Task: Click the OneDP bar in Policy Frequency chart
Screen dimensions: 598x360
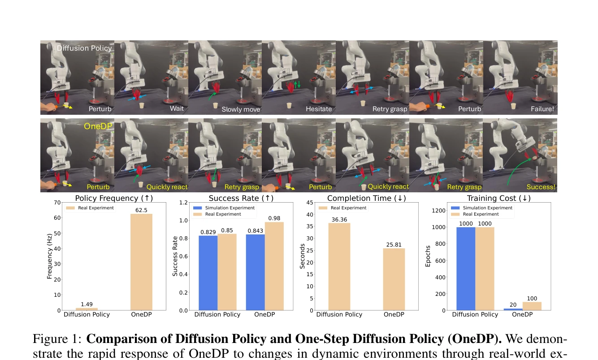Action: tap(141, 262)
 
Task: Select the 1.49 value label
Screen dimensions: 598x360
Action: tap(87, 304)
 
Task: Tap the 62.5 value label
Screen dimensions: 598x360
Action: tap(141, 210)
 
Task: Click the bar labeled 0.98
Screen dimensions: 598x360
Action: tap(274, 266)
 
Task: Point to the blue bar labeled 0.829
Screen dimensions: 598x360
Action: tap(208, 273)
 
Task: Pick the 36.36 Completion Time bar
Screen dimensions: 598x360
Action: tap(339, 267)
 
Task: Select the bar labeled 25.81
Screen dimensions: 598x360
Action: tap(394, 279)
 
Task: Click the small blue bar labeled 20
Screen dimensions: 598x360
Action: tap(513, 309)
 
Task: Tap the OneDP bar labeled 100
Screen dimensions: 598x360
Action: tap(532, 306)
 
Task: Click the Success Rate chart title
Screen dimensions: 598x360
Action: tap(241, 198)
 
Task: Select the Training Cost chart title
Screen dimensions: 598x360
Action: tap(498, 198)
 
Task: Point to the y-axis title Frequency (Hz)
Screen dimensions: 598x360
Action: tap(49, 256)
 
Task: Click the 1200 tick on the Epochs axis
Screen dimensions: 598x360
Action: tap(438, 210)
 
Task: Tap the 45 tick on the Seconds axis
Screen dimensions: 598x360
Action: tap(310, 203)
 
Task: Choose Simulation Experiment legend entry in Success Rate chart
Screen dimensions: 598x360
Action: tap(224, 208)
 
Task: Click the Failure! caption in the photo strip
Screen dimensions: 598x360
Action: tap(542, 109)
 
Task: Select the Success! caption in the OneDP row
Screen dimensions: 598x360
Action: tap(541, 187)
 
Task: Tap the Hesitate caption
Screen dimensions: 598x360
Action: tap(319, 109)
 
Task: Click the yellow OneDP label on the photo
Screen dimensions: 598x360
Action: tap(98, 126)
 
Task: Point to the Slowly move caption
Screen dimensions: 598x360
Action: tap(241, 109)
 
